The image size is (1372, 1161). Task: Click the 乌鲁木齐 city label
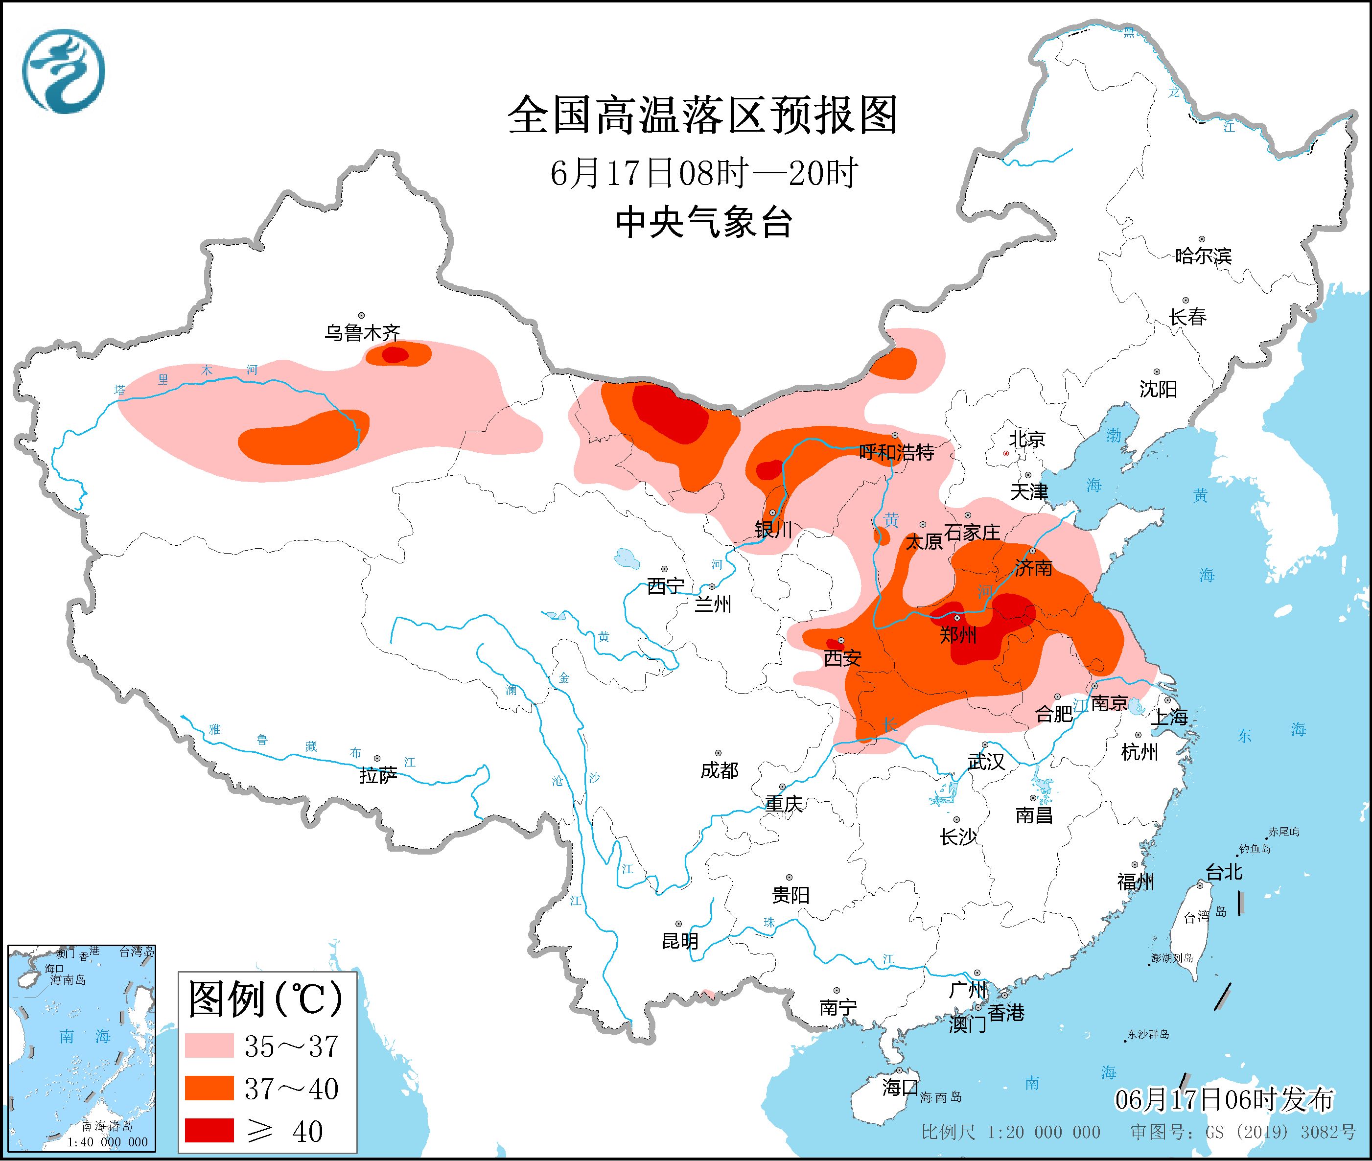(362, 332)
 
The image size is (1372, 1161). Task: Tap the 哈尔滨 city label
(1202, 256)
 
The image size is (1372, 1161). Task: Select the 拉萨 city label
(378, 775)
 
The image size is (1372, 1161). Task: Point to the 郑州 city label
(957, 634)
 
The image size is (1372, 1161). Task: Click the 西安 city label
(842, 657)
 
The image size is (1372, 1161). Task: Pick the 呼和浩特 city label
(896, 452)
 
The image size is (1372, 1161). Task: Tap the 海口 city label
(900, 1087)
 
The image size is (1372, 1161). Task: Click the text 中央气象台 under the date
(703, 222)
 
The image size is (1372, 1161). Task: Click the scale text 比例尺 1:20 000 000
(1010, 1132)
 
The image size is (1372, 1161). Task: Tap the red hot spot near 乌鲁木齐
(395, 355)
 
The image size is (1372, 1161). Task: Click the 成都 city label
(719, 770)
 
